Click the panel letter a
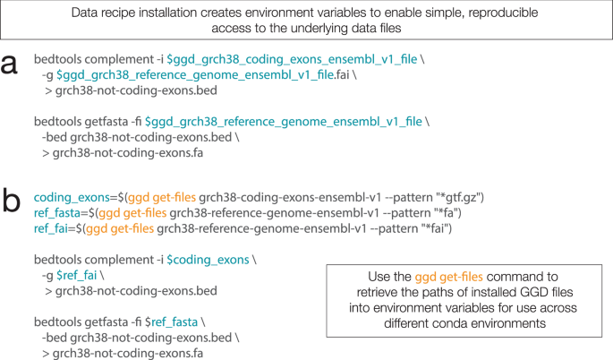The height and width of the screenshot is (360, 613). click(x=9, y=64)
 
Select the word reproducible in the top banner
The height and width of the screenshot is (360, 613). click(x=503, y=13)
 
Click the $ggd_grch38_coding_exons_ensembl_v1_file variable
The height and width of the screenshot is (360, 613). click(x=292, y=59)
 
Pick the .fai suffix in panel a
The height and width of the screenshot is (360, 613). click(x=342, y=74)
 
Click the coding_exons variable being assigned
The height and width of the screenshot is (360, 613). click(x=72, y=198)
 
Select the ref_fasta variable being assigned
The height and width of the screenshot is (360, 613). click(x=57, y=213)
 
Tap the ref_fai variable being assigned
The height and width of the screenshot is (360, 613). click(x=51, y=228)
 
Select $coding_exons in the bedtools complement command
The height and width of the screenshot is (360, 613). click(x=208, y=260)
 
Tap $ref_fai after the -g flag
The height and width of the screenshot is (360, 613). click(x=77, y=276)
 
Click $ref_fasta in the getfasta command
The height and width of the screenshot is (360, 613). click(x=171, y=322)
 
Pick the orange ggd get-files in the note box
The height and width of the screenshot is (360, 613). click(x=449, y=277)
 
